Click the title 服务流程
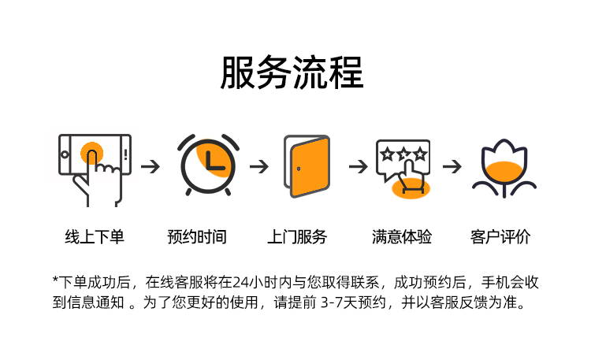click(292, 73)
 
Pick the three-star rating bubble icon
click(403, 166)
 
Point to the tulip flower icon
click(504, 168)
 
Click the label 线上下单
click(95, 236)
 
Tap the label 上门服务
click(297, 236)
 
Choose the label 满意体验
click(402, 236)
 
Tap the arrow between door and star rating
click(359, 167)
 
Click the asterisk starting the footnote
click(56, 280)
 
